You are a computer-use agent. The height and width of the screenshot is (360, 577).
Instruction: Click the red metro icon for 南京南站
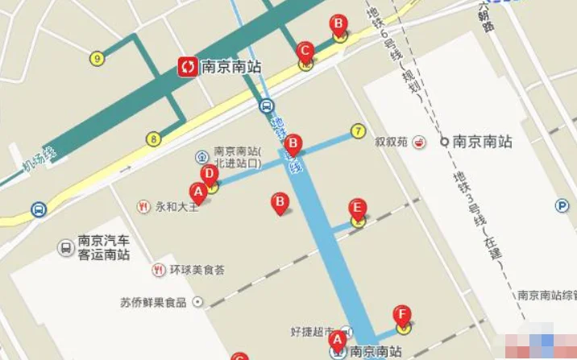click(x=188, y=67)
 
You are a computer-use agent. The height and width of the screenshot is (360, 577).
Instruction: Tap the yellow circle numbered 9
click(x=97, y=58)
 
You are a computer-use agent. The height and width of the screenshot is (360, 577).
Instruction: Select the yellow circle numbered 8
click(x=152, y=139)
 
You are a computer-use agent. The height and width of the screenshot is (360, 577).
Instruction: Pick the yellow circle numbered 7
click(x=358, y=130)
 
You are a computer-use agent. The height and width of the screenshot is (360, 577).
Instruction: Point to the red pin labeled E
click(x=357, y=209)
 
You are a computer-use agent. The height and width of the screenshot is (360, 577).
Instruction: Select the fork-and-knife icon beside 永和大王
click(x=144, y=205)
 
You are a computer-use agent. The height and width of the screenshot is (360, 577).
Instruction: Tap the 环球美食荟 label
click(x=197, y=269)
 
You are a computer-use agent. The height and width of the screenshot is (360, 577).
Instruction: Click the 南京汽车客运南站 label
click(x=104, y=247)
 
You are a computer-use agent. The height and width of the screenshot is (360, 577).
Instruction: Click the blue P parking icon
click(x=561, y=205)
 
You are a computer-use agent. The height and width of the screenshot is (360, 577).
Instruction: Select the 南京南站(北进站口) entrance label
click(x=238, y=156)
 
